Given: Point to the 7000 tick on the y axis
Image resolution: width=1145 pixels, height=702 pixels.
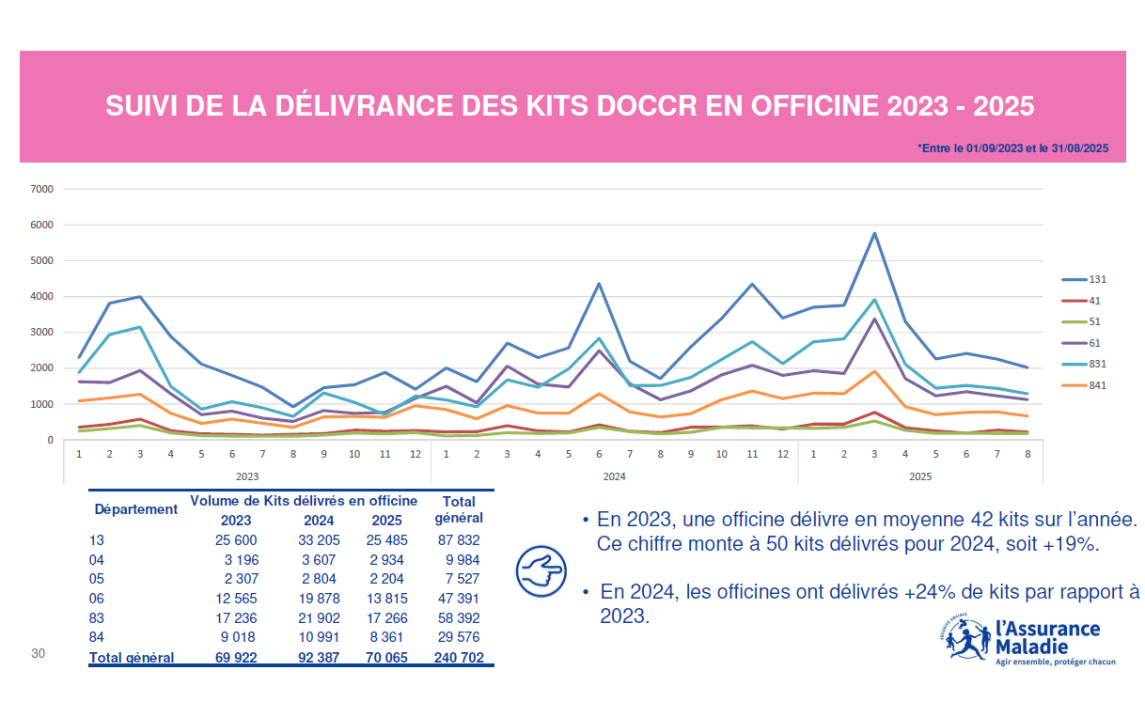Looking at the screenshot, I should tap(43, 189).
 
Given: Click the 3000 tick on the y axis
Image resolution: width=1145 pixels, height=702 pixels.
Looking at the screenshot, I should tap(43, 333).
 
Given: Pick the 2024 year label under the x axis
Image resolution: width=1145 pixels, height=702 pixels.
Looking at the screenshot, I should tap(614, 476).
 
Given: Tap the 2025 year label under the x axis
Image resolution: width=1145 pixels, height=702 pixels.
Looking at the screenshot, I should tap(920, 476).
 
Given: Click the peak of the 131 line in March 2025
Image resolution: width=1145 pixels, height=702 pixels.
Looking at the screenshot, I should tap(874, 233).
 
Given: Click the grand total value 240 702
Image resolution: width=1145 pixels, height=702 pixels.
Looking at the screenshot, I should tap(460, 658).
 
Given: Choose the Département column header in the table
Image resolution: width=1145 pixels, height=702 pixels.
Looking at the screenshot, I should tap(135, 509).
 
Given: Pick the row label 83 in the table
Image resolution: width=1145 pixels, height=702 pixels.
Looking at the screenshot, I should tap(97, 618).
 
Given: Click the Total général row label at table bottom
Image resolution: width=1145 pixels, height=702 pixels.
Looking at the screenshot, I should tap(132, 658).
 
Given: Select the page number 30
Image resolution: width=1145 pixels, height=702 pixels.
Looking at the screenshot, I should tap(39, 653).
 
